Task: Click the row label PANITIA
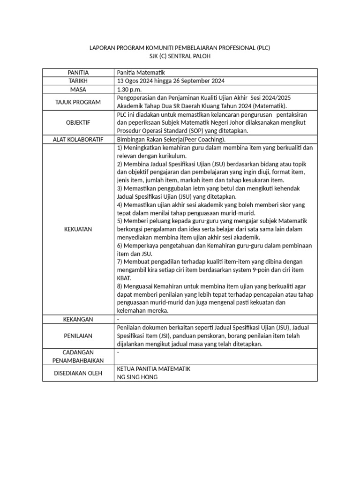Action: coord(78,73)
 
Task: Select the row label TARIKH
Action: coord(78,81)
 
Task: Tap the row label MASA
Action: coord(78,89)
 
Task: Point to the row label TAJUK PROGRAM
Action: coord(78,102)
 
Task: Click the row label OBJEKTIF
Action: coord(78,122)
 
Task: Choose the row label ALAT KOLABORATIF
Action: coord(78,139)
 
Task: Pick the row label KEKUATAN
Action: coord(78,229)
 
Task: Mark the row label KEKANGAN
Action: coord(78,319)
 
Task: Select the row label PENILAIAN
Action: coord(78,336)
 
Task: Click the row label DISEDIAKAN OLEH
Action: coord(78,373)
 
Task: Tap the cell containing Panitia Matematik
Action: coord(140,73)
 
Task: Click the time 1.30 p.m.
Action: coord(129,89)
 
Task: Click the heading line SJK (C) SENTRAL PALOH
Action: coord(180,56)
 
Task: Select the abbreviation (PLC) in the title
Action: coord(263,48)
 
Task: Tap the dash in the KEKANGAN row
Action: coord(118,319)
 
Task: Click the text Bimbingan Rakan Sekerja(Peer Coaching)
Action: coord(171,139)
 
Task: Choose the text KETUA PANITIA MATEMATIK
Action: coord(153,369)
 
